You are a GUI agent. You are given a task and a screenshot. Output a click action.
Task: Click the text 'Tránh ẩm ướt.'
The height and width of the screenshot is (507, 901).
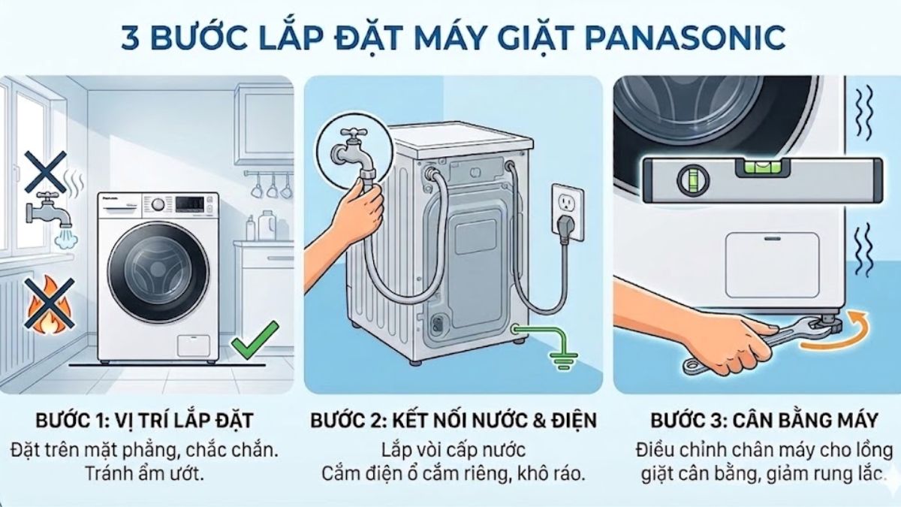pos(144,474)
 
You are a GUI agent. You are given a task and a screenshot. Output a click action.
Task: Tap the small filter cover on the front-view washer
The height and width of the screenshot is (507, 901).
pos(192,346)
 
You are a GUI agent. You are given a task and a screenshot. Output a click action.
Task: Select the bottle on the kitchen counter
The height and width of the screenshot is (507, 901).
pos(265,225)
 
